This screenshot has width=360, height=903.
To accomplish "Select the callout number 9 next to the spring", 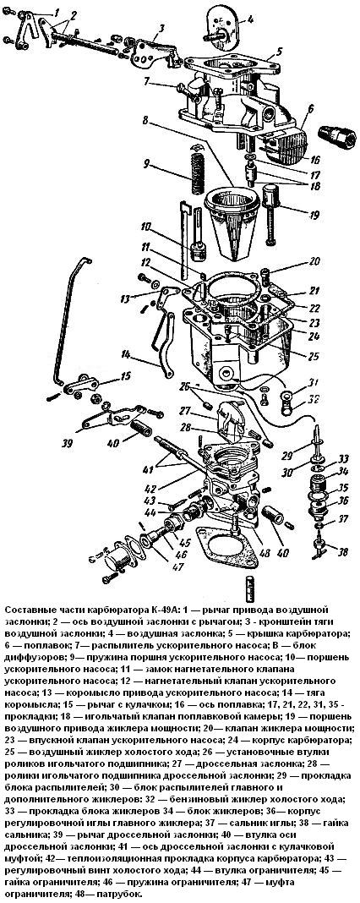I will [x=147, y=164].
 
